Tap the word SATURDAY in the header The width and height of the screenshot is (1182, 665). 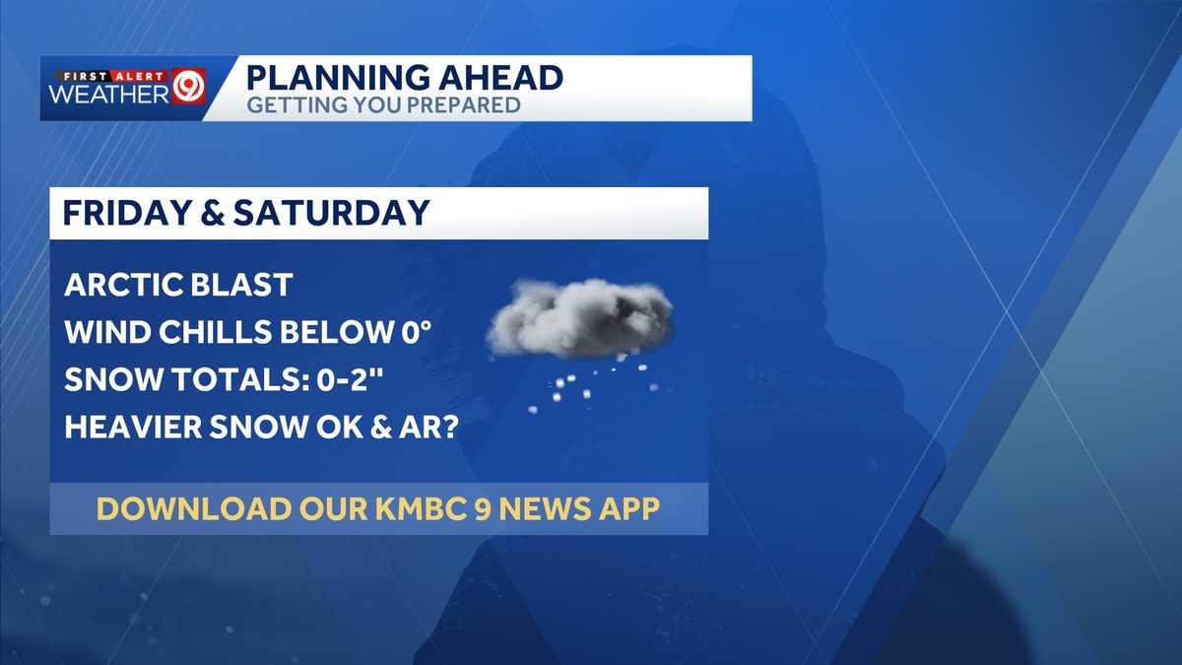point(337,213)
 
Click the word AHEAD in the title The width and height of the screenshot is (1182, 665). point(502,78)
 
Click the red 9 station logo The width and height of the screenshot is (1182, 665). point(188,86)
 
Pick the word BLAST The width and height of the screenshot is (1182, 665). point(246,286)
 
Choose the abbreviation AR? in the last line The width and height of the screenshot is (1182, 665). point(434,428)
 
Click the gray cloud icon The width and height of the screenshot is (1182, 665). point(581,317)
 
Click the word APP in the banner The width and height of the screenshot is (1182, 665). point(626,509)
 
